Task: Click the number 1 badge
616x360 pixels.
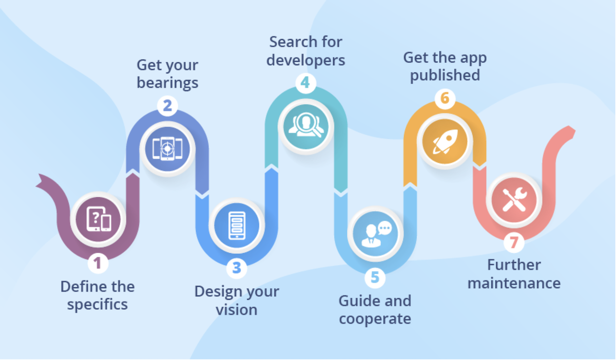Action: tap(98, 263)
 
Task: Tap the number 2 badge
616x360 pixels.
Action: tap(167, 106)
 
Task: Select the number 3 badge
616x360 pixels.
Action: tap(237, 268)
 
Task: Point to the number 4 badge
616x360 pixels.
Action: tap(305, 83)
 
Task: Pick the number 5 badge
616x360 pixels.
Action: tap(375, 277)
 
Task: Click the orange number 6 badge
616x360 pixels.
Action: tap(445, 98)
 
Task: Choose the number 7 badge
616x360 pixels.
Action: tap(514, 242)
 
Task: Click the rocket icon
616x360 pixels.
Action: tap(445, 141)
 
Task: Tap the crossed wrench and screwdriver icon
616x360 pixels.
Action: tap(514, 200)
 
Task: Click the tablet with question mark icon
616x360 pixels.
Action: tap(99, 219)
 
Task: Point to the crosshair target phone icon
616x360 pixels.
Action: tap(167, 149)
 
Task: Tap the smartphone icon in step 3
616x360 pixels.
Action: tap(237, 225)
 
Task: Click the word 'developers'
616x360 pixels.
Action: tap(305, 61)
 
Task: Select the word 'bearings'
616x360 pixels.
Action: tap(167, 83)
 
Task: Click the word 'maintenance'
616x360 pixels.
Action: tap(514, 283)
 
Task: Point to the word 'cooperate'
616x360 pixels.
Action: tap(375, 319)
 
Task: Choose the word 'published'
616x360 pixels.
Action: tap(445, 75)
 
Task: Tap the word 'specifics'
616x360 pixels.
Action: tap(98, 305)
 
